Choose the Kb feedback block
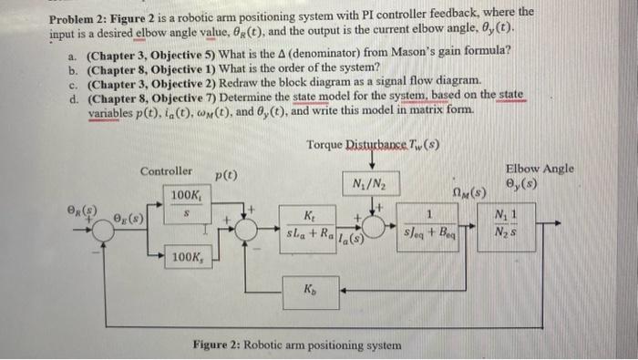[311, 289]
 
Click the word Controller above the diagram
[166, 171]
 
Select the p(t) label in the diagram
[227, 174]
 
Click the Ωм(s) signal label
[471, 191]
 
